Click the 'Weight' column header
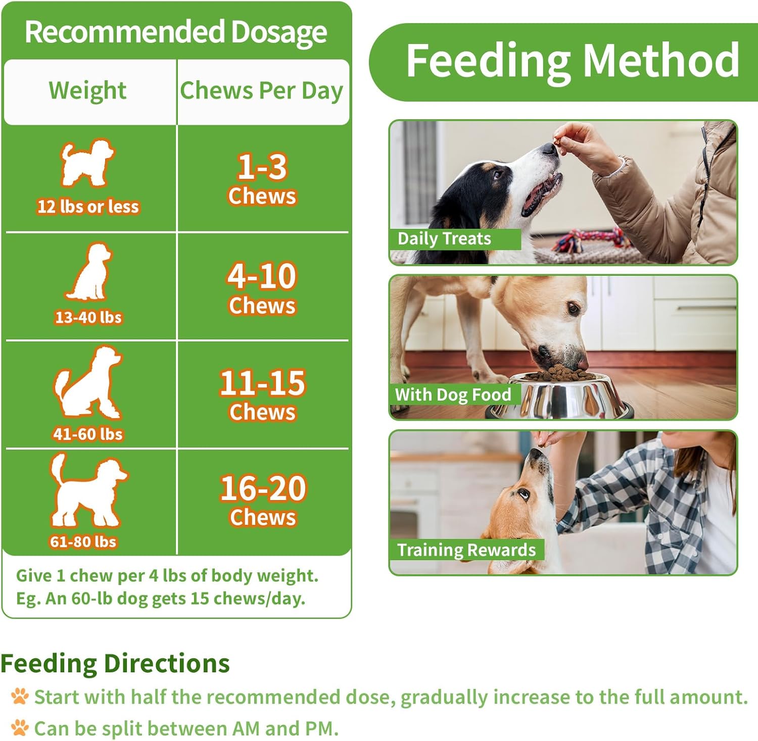pos(88,91)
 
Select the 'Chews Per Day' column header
pos(262,91)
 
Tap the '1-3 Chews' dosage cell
pos(262,179)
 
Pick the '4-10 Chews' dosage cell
pos(262,288)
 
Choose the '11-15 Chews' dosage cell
pos(262,395)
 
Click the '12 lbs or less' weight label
pos(88,207)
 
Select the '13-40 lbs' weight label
pos(88,317)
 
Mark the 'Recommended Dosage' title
pos(176,32)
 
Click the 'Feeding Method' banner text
pos(573,61)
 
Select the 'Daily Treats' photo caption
pos(444,238)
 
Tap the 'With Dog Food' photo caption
pos(453,394)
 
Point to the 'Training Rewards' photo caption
pos(466,550)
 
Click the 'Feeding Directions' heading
pos(115,663)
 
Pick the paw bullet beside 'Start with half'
pos(20,697)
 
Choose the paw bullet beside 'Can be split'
pos(20,728)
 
